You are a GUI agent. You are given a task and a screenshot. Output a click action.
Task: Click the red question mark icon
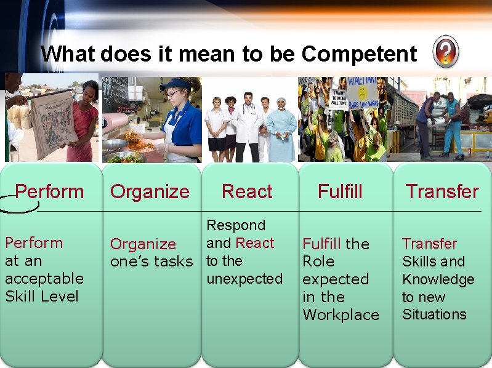pos(445,52)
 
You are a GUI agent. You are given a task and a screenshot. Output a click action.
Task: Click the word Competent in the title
pos(359,54)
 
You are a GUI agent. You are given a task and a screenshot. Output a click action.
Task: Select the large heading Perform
pos(49,191)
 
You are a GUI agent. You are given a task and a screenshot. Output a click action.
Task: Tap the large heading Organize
pos(150,191)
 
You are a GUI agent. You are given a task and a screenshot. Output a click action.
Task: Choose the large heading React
pos(247,191)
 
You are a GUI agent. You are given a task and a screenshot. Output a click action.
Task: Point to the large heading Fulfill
pos(340,191)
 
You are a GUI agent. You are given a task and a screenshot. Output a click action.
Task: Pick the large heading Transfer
pos(442,191)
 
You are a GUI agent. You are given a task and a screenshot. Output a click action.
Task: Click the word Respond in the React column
pos(236,226)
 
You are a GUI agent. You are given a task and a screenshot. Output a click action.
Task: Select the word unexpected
pos(244,279)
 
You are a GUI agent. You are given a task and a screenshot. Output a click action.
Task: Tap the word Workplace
pos(341,314)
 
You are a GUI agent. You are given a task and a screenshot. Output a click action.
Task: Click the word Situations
pos(434,314)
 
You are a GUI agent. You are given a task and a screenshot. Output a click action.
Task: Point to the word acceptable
pos(44,279)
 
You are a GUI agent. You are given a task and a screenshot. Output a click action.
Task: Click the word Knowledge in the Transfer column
pos(438,279)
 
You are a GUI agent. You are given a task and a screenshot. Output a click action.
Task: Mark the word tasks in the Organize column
pos(176,262)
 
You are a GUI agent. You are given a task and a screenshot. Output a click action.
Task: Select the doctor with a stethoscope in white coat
pos(248,126)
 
